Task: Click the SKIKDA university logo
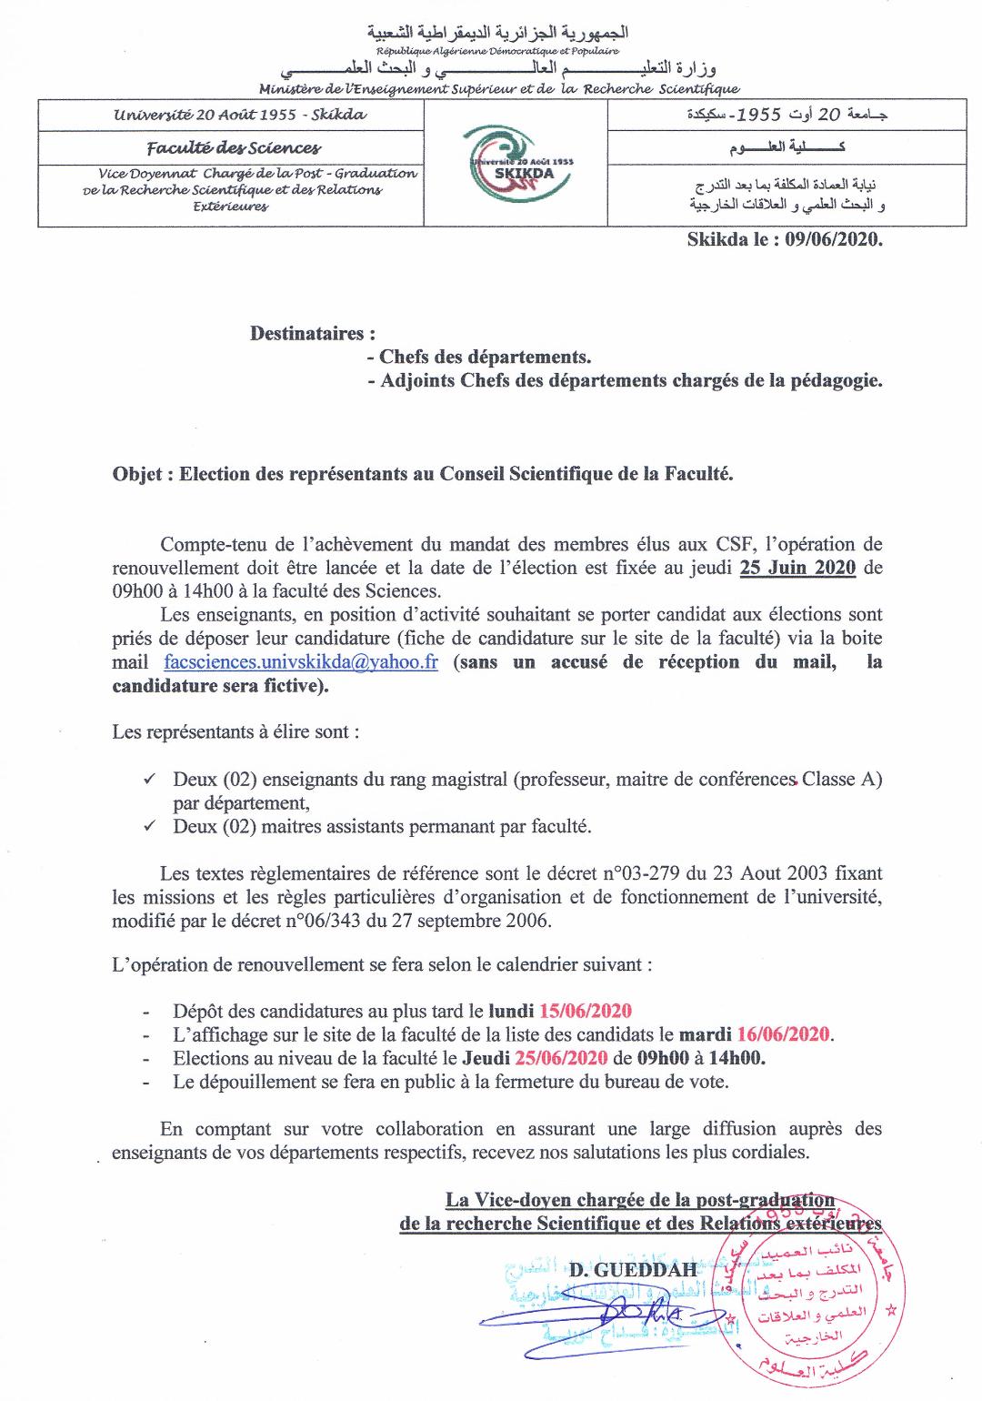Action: (x=516, y=164)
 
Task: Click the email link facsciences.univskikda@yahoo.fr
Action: (x=301, y=662)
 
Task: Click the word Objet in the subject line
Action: (x=138, y=473)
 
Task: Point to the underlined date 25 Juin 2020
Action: (x=797, y=568)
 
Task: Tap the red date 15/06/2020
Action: (x=585, y=1011)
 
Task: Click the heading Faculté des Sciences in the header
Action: (x=235, y=147)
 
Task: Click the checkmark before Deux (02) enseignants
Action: (x=150, y=779)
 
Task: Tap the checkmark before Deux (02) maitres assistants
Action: (x=150, y=826)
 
